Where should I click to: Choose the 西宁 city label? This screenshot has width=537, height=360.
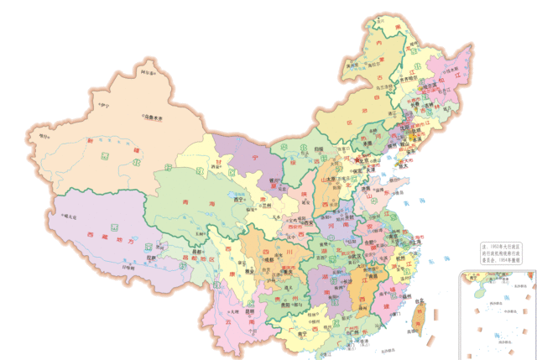point(237,201)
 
